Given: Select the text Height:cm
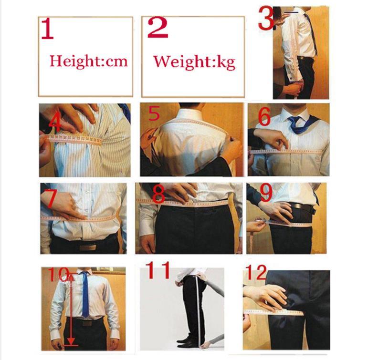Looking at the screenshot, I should click(x=88, y=61).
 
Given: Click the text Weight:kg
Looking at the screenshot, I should click(x=194, y=62).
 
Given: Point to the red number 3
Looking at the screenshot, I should click(x=266, y=18).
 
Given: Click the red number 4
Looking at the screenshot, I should click(x=55, y=123).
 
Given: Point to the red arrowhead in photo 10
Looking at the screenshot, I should click(x=71, y=341).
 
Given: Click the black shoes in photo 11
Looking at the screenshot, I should click(x=186, y=341).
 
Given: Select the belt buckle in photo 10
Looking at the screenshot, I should click(x=86, y=323).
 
